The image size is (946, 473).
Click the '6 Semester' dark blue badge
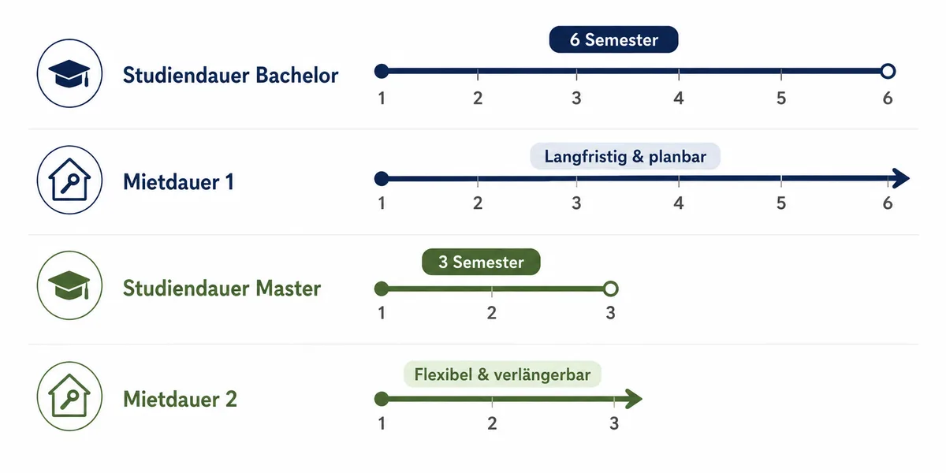[x=613, y=39]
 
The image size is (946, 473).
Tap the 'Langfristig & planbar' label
[x=625, y=156]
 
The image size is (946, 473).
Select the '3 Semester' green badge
[x=481, y=262]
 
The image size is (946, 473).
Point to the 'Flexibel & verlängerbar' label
[x=502, y=374]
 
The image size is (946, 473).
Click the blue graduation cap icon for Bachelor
[x=69, y=73]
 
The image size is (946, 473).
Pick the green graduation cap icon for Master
[x=69, y=285]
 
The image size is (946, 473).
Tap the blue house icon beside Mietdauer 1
[x=69, y=180]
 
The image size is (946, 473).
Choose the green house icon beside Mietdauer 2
[x=69, y=396]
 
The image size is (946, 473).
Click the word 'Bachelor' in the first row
[x=297, y=75]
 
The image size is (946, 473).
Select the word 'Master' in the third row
[x=288, y=289]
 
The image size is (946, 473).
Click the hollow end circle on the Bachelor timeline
[x=888, y=71]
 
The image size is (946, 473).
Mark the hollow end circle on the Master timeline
[x=610, y=289]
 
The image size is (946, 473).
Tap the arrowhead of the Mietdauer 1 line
[x=900, y=179]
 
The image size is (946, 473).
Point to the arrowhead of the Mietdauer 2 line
[x=634, y=399]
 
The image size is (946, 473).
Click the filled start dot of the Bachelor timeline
[x=382, y=71]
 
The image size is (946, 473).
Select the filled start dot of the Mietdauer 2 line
[x=382, y=399]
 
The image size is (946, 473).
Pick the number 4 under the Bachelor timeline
[x=679, y=98]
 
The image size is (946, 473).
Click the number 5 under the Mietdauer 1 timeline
[x=781, y=203]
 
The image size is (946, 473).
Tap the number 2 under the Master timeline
[x=492, y=313]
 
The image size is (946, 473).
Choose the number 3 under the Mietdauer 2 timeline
[x=614, y=423]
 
